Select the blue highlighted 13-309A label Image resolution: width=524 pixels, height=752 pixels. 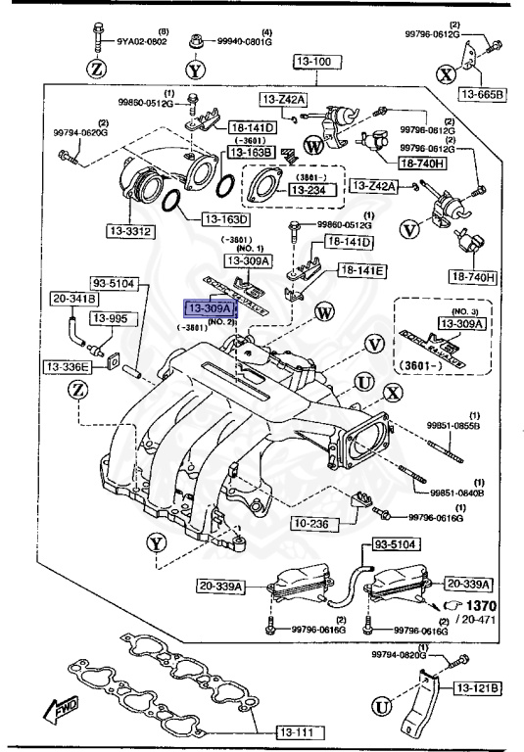(x=207, y=309)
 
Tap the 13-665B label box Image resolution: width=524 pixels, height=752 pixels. (x=479, y=94)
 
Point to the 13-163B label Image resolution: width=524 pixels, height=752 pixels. (x=251, y=152)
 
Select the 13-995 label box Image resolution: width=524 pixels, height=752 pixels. (x=111, y=318)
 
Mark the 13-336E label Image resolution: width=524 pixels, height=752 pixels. (x=66, y=366)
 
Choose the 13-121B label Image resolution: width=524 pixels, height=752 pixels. (x=477, y=689)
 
